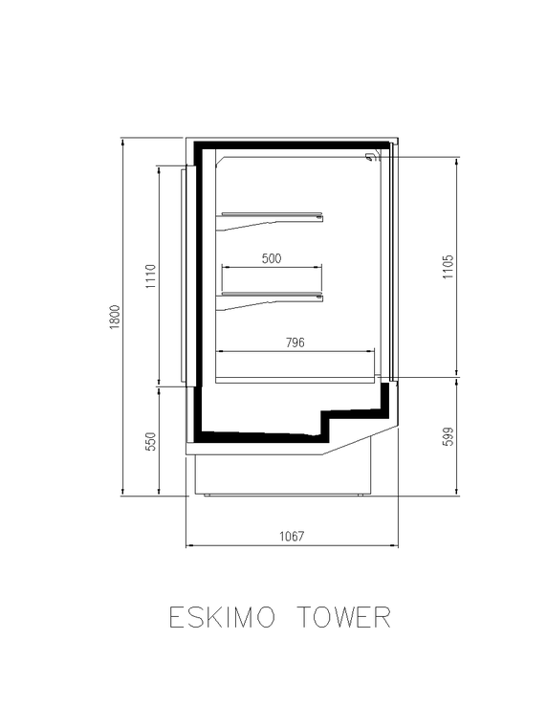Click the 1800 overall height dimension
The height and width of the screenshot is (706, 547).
coord(115,317)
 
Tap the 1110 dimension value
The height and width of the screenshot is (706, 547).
coord(150,276)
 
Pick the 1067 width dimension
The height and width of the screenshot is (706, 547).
coord(292,538)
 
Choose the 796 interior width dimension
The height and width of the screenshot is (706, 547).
coord(295,342)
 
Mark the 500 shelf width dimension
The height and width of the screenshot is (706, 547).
coord(272,258)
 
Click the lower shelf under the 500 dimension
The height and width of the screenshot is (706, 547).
coord(273,296)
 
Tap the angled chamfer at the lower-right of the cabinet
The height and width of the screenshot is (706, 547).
coord(359,440)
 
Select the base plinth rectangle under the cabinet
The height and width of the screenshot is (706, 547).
coord(283,474)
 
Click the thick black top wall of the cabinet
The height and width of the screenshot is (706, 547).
coord(292,146)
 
